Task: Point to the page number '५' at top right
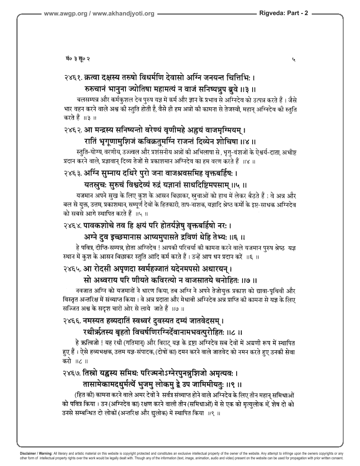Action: coord(293,61)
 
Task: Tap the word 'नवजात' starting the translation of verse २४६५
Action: coord(86,289)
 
